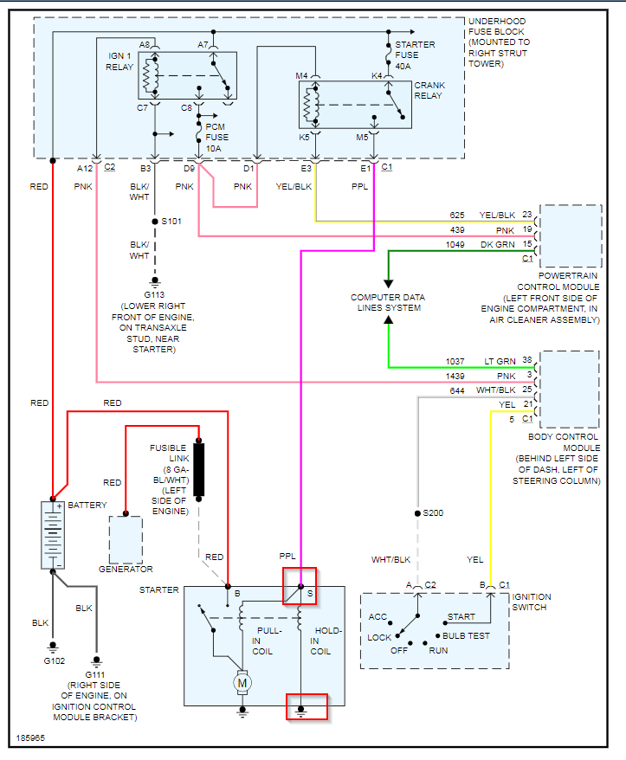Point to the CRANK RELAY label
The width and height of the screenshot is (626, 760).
click(429, 90)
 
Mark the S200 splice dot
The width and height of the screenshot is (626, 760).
click(416, 512)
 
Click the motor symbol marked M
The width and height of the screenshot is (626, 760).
click(240, 683)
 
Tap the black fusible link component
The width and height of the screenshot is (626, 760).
click(199, 470)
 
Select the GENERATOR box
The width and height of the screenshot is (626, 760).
click(126, 540)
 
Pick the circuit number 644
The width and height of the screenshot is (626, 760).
click(456, 390)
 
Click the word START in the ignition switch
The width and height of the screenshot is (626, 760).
click(460, 617)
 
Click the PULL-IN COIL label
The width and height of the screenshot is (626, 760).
click(262, 641)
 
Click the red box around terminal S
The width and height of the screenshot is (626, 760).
click(300, 587)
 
